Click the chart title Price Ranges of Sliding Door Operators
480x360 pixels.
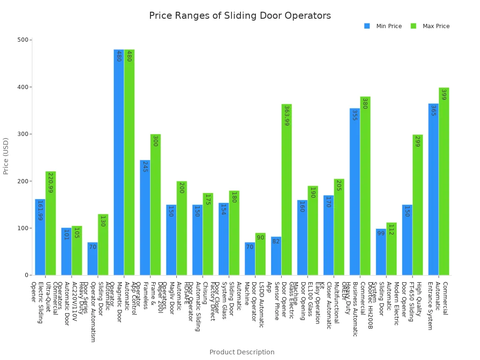(x=240, y=16)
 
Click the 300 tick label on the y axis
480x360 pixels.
(x=23, y=134)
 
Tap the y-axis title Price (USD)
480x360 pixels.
(x=6, y=156)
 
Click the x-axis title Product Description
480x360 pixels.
(x=242, y=352)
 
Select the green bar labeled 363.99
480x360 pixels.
(x=286, y=189)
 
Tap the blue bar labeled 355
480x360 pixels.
(x=355, y=192)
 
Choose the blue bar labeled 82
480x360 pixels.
(x=276, y=256)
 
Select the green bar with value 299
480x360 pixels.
(x=418, y=205)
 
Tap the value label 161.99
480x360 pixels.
(x=40, y=210)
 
